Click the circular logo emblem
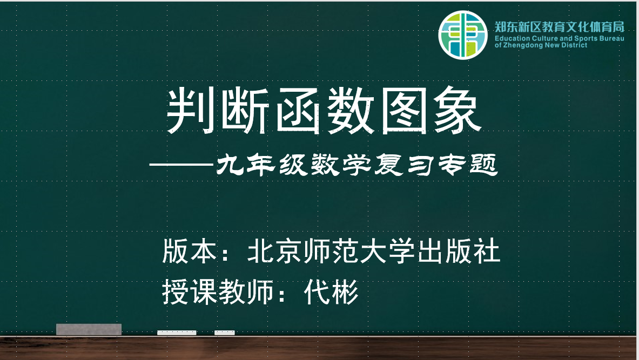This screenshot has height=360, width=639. click(x=462, y=35)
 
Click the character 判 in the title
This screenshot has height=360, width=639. click(x=191, y=110)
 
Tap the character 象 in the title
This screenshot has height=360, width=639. click(x=458, y=110)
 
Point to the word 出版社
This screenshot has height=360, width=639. click(x=459, y=251)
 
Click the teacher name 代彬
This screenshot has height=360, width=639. click(x=331, y=291)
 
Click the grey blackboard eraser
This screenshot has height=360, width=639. click(x=89, y=329)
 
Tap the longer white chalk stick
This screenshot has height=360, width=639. click(x=177, y=332)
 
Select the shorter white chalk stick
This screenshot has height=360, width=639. click(x=225, y=332)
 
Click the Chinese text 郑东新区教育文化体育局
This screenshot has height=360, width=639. click(x=559, y=28)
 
